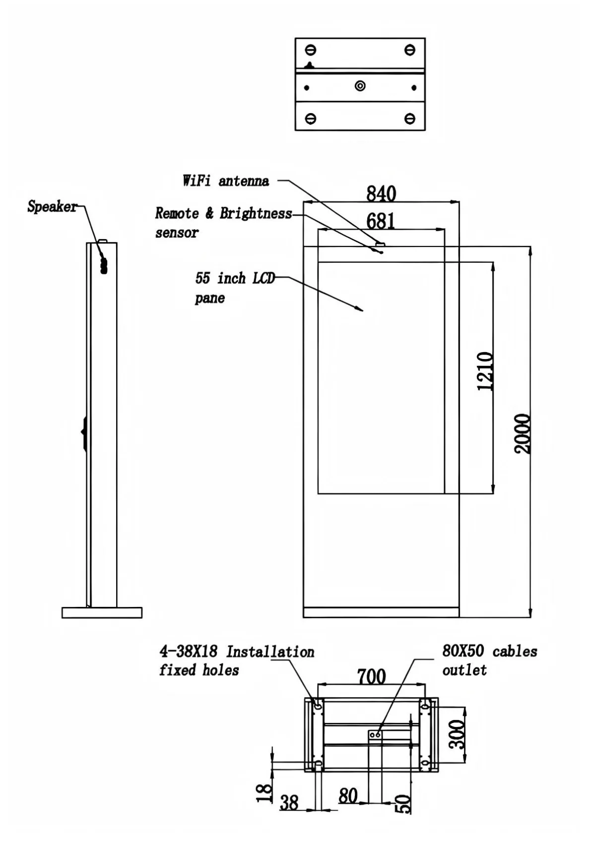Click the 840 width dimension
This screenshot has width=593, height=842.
coord(381,193)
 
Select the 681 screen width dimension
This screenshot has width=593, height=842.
coord(381,221)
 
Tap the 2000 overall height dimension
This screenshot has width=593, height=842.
coord(522,434)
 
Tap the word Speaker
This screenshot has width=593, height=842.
coord(52,206)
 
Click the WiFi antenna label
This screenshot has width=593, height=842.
coord(226,181)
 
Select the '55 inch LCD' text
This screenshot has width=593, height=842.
coord(235,278)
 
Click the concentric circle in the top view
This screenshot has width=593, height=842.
coord(360,86)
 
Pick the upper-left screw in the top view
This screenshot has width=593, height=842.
coord(311,50)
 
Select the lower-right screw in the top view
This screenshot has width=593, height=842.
coord(409,119)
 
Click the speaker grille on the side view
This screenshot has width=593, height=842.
coord(103,264)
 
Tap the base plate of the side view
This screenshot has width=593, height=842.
coord(102,612)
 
